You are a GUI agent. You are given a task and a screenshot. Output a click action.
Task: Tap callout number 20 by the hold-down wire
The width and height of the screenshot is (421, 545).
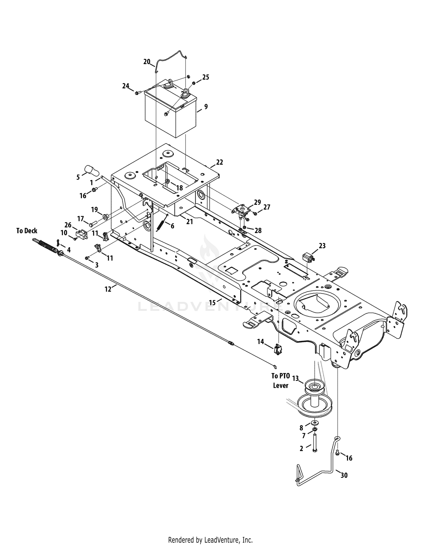pos(147,62)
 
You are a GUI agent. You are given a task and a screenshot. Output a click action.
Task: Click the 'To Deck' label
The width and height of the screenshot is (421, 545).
pos(27,231)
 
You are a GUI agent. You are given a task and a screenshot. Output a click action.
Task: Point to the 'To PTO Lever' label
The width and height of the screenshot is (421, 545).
pos(280,381)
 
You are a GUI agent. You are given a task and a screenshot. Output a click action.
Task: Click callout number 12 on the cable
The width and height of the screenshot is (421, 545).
pos(108,289)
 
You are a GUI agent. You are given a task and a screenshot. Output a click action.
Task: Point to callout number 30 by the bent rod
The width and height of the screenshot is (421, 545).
pos(344,475)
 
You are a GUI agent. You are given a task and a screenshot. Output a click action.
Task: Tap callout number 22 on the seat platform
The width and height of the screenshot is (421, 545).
pos(219,162)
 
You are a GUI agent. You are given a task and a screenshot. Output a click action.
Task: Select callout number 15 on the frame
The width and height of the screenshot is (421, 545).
pos(212,302)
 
